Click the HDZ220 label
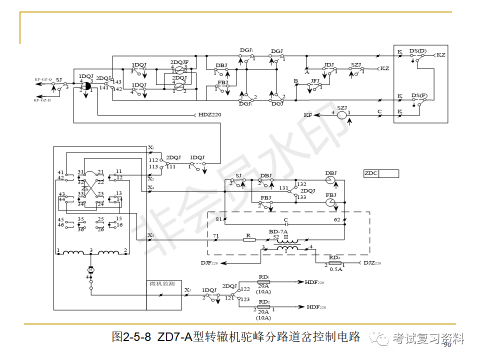[x=209, y=114]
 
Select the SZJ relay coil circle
[x=341, y=115]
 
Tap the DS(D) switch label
[x=418, y=51]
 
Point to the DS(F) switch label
[x=419, y=95]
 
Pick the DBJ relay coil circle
[x=330, y=180]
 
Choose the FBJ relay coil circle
[x=330, y=202]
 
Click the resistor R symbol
[x=249, y=240]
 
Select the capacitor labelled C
[x=285, y=224]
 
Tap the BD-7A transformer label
[x=278, y=232]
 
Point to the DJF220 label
[x=209, y=262]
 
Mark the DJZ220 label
[x=372, y=262]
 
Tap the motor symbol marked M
[x=91, y=270]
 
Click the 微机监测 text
[x=162, y=284]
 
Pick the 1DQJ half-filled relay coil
[x=85, y=85]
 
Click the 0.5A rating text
[x=335, y=269]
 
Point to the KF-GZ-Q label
[x=43, y=79]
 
